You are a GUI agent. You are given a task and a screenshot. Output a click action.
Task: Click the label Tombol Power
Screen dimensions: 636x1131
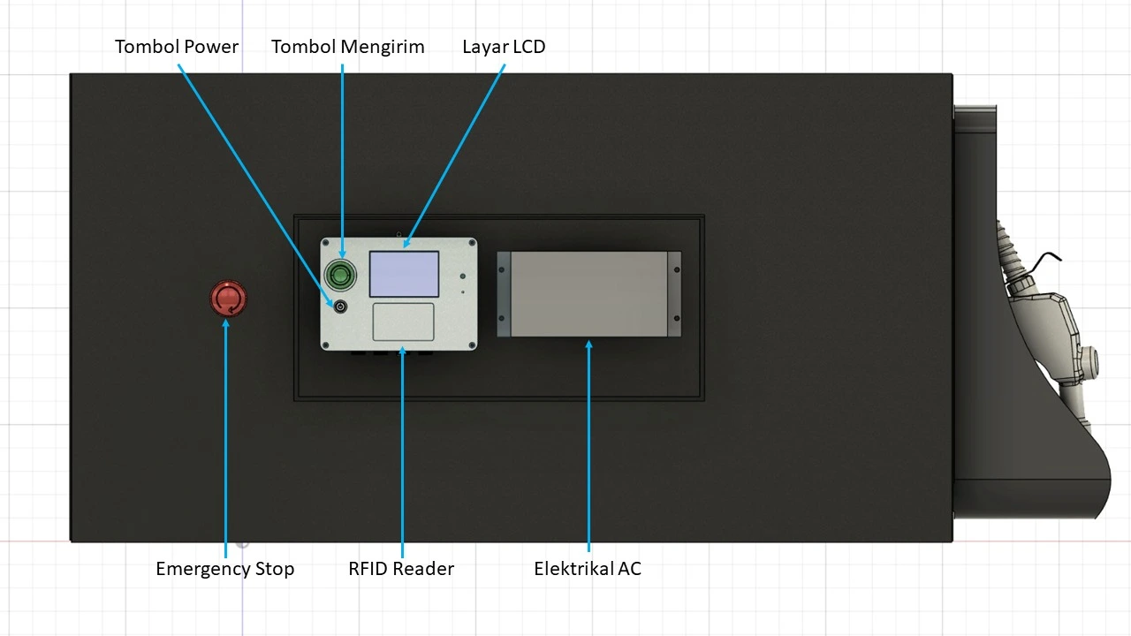tap(177, 47)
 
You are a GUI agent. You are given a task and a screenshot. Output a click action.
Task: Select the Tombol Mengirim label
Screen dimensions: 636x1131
tap(347, 47)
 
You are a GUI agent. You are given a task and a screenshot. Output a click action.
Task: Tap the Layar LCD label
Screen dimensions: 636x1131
tap(504, 47)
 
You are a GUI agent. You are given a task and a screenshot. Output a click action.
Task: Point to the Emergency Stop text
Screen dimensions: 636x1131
tap(224, 569)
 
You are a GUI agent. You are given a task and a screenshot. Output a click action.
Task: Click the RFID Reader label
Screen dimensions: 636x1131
tap(401, 569)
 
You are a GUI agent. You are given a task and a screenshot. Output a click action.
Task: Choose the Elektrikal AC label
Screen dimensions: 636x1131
tap(588, 569)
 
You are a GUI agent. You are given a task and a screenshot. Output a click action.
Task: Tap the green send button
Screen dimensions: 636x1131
tap(340, 274)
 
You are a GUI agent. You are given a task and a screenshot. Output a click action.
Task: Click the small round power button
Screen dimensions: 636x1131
tap(340, 307)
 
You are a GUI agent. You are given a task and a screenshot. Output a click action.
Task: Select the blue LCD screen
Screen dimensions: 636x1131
tap(404, 274)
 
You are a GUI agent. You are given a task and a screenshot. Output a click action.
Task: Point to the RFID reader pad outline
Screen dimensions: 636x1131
tap(403, 322)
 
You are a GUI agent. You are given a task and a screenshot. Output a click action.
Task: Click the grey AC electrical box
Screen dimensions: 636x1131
tap(588, 293)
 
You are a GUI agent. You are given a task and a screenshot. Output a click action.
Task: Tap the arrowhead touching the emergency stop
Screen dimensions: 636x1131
tap(225, 322)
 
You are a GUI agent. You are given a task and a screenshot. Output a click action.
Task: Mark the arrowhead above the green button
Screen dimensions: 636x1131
tap(342, 255)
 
